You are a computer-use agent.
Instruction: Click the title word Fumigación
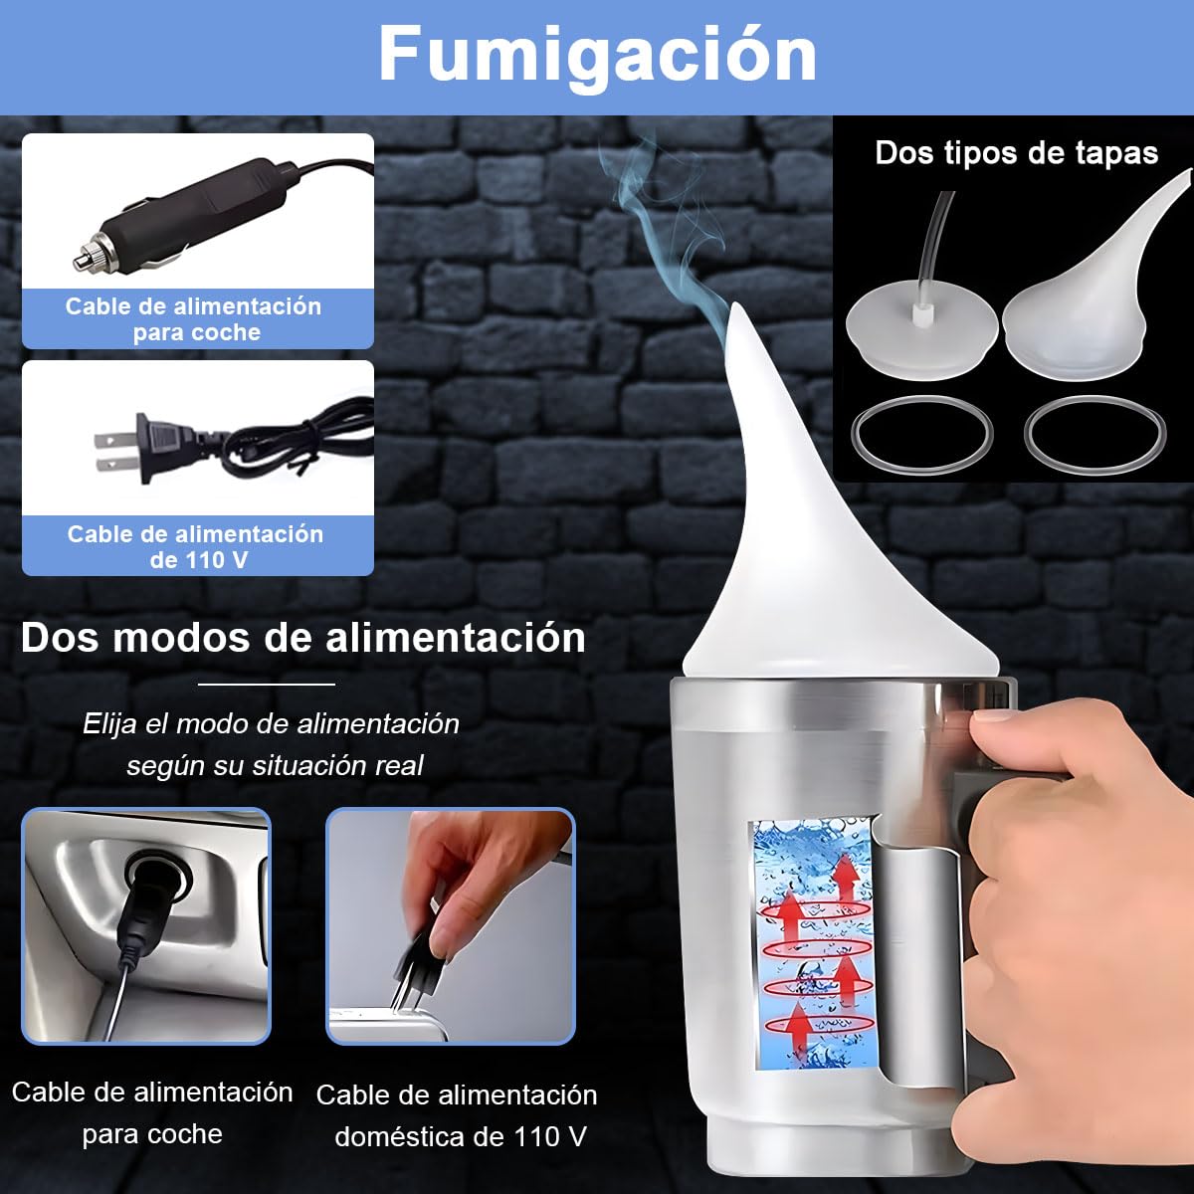[x=597, y=55]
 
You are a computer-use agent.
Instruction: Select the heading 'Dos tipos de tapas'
[x=1016, y=153]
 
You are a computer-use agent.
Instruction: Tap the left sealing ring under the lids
[x=922, y=435]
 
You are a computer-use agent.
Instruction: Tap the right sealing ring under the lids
[x=1095, y=434]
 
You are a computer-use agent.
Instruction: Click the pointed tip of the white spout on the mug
[x=738, y=306]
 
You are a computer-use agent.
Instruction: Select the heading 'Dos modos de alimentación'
[x=303, y=638]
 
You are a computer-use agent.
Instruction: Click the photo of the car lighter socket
[x=146, y=926]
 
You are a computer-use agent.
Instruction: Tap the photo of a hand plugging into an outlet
[x=451, y=926]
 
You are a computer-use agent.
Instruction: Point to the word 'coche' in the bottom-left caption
[x=185, y=1134]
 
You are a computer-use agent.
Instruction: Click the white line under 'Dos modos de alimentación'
[x=267, y=684]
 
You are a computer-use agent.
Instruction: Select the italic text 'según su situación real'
[x=275, y=766]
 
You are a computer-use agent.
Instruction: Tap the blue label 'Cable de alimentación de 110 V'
[x=196, y=547]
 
